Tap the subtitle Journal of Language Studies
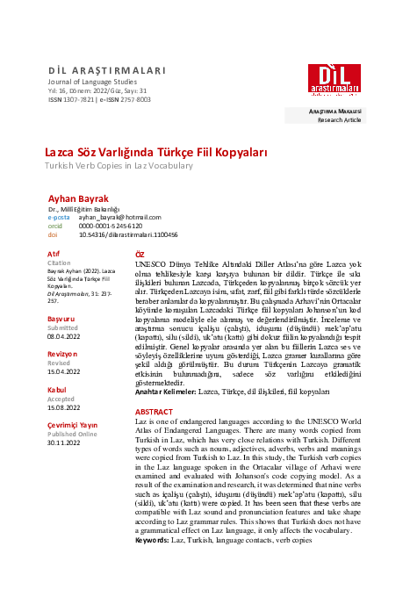coord(87,83)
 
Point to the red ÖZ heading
coord(140,253)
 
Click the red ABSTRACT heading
coord(155,411)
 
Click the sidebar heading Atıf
coord(54,254)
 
